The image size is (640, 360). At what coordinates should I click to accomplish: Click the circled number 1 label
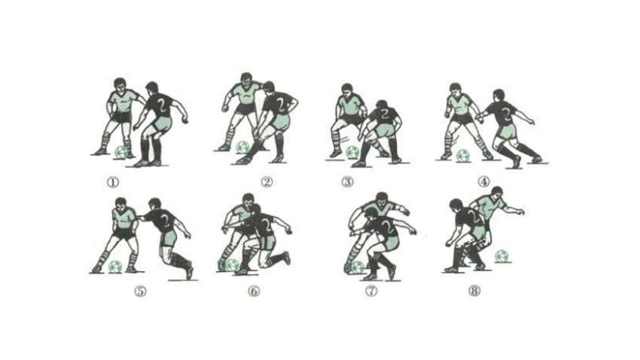(x=113, y=182)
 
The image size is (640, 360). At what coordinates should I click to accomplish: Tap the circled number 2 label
(x=267, y=182)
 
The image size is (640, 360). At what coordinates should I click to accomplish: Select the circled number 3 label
(x=347, y=182)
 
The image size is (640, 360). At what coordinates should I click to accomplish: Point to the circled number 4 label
(x=483, y=182)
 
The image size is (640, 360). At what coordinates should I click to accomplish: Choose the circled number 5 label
(x=140, y=291)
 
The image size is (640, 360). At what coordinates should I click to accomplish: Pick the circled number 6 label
(x=254, y=291)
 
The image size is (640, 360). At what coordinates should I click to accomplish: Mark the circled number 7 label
(x=371, y=291)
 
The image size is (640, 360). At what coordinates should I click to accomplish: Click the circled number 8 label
(x=474, y=291)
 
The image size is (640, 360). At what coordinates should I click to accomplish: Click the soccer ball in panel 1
(x=121, y=152)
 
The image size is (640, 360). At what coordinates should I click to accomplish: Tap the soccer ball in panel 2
(x=242, y=148)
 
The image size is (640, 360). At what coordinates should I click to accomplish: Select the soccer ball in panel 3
(x=352, y=153)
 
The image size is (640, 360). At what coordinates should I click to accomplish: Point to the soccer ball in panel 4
(x=463, y=155)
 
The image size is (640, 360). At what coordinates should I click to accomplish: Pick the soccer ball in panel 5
(x=115, y=267)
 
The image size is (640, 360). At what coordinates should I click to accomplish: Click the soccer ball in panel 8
(x=501, y=256)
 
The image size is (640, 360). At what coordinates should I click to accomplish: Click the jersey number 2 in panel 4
(x=506, y=115)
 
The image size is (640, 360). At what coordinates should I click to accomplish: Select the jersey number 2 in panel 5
(x=166, y=220)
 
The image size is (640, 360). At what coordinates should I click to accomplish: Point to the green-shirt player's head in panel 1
(x=120, y=85)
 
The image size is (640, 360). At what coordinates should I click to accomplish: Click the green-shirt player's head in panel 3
(x=346, y=90)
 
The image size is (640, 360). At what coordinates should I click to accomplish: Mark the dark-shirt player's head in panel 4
(x=498, y=96)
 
